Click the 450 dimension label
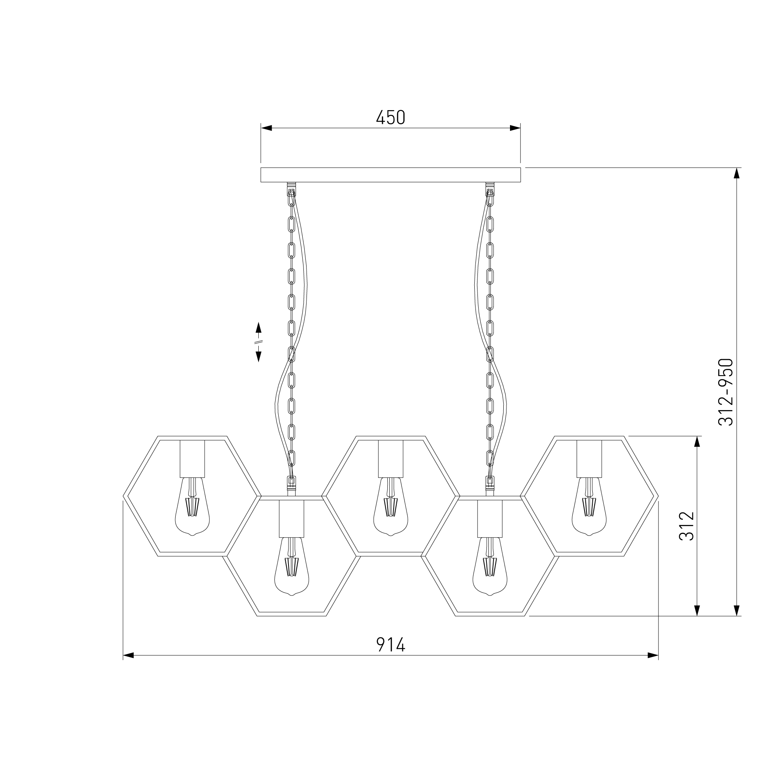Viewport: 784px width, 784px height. [x=390, y=118]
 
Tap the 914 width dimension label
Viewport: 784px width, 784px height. [x=390, y=644]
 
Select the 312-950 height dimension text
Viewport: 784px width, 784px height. [x=726, y=392]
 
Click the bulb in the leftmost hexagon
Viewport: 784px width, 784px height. [x=192, y=506]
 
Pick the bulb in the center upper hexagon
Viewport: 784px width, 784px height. [x=391, y=506]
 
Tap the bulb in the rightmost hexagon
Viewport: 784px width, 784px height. [x=589, y=506]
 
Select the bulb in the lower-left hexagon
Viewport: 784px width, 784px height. [x=292, y=566]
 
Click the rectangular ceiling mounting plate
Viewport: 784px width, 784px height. [x=390, y=174]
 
